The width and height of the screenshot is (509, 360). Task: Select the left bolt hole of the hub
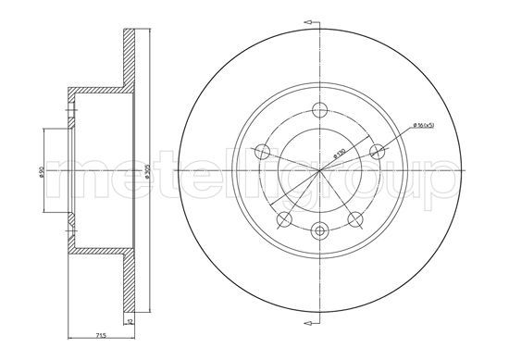pyautogui.click(x=262, y=152)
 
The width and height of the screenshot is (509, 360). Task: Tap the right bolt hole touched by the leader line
pyautogui.click(x=377, y=151)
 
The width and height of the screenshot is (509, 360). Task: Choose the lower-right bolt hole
pyautogui.click(x=356, y=219)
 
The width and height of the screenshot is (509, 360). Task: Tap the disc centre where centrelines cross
pyautogui.click(x=320, y=172)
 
